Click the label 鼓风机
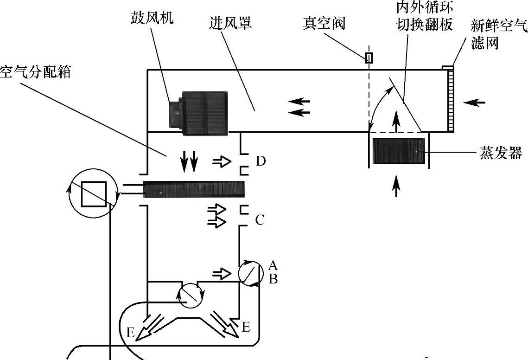tap(152, 19)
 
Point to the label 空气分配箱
tap(35, 72)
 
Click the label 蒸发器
tap(501, 153)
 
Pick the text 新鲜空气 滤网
tap(498, 34)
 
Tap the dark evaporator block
tap(399, 151)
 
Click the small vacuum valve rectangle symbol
tap(369, 58)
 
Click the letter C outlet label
tap(259, 220)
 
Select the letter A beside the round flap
tap(273, 266)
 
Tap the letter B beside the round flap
tap(273, 279)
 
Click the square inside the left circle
tap(94, 193)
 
